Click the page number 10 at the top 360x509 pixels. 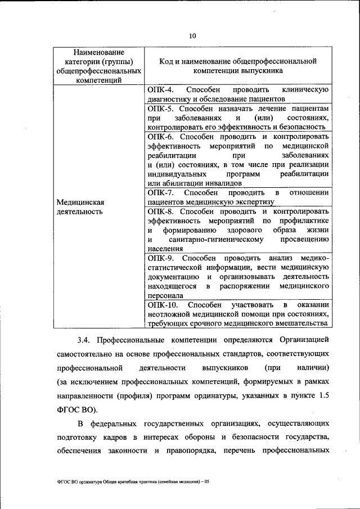[192, 35]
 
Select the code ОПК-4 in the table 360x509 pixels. [160, 90]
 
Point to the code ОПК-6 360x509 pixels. [161, 136]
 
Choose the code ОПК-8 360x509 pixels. [161, 211]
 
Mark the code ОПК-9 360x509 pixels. [161, 258]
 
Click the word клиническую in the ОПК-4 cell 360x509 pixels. [305, 90]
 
